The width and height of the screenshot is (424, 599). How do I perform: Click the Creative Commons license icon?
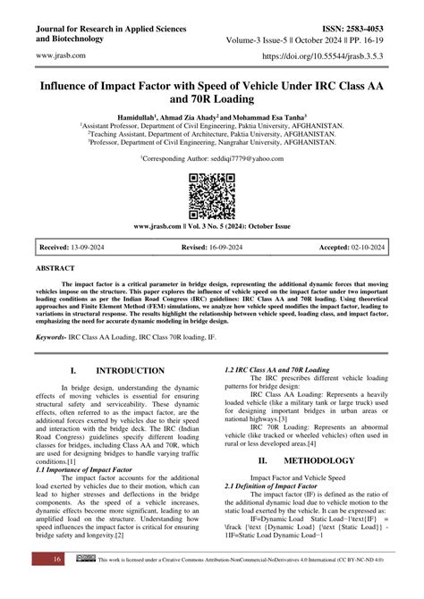click(x=87, y=583)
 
